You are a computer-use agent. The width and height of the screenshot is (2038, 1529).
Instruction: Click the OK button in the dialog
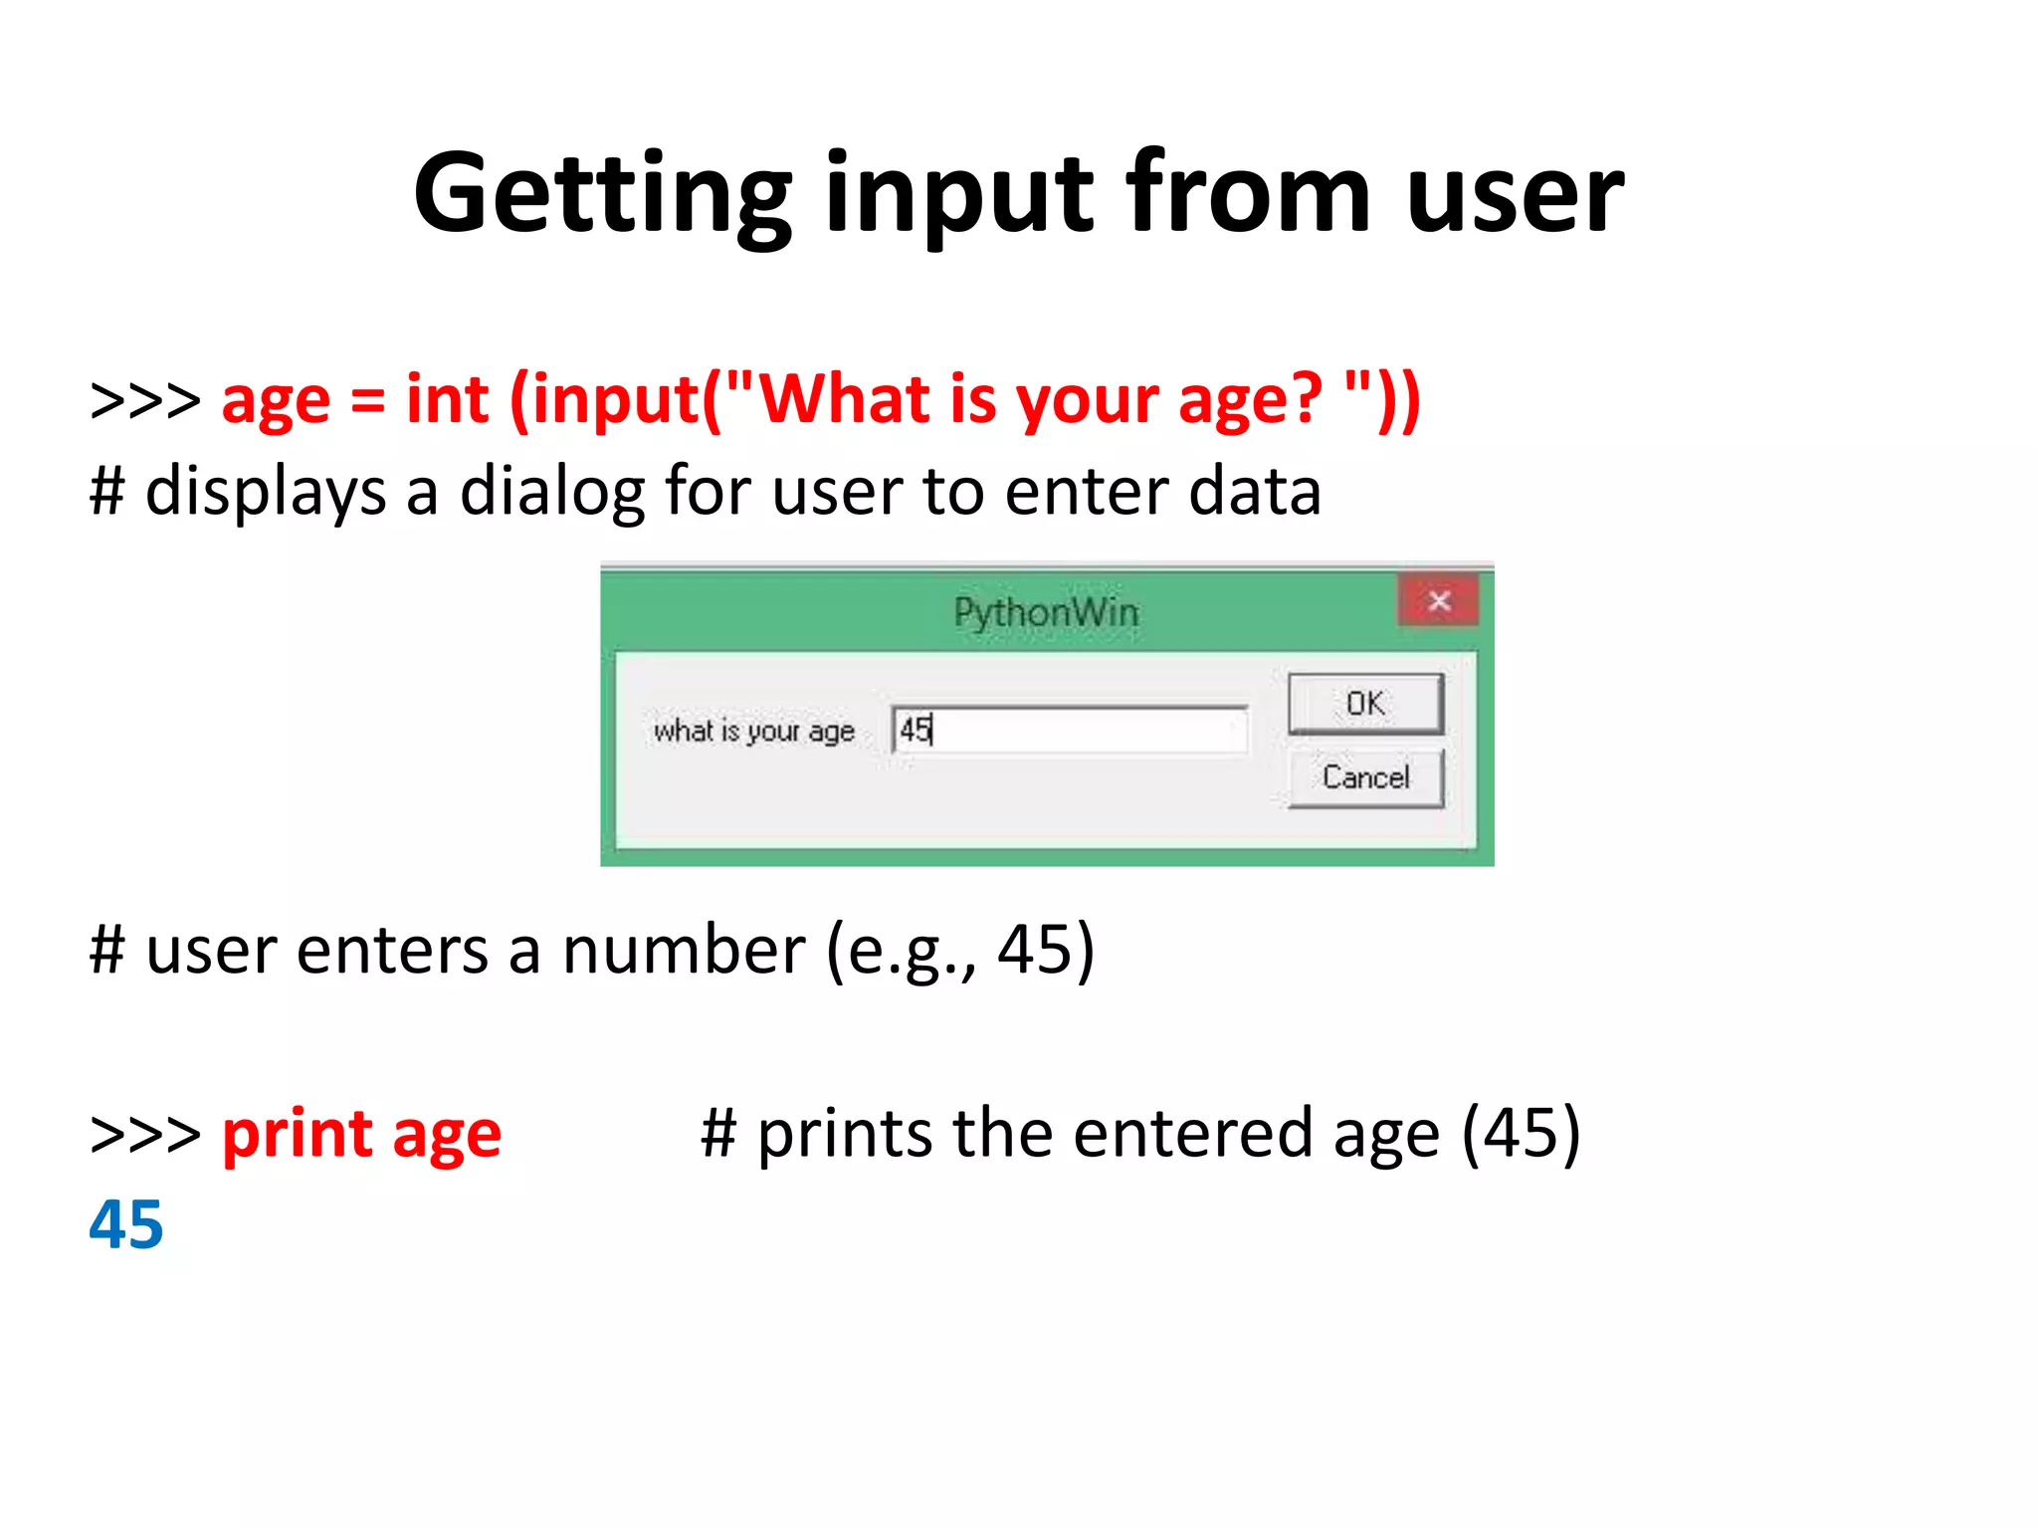(x=1364, y=704)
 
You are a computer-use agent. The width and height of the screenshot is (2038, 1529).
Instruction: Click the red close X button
(x=1438, y=601)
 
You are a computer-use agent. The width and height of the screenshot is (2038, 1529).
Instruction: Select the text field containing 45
(x=1070, y=731)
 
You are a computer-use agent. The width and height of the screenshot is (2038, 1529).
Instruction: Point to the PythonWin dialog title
(x=1046, y=612)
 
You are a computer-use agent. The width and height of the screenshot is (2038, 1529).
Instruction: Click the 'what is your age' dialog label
(x=753, y=731)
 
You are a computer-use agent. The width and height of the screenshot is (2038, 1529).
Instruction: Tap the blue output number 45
(x=126, y=1224)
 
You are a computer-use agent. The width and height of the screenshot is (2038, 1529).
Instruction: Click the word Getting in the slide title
(x=602, y=194)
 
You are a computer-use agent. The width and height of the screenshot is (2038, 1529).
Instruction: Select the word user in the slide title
(x=1515, y=194)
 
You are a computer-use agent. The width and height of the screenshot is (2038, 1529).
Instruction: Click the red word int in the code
(x=448, y=400)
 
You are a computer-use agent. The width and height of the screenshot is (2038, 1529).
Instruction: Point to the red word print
(x=298, y=1135)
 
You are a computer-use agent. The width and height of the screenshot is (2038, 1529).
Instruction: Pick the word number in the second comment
(x=684, y=950)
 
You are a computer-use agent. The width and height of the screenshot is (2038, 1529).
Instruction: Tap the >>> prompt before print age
(x=145, y=1135)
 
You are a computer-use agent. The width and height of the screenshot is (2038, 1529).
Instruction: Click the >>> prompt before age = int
(x=145, y=400)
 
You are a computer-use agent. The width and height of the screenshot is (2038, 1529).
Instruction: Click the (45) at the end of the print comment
(x=1521, y=1134)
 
